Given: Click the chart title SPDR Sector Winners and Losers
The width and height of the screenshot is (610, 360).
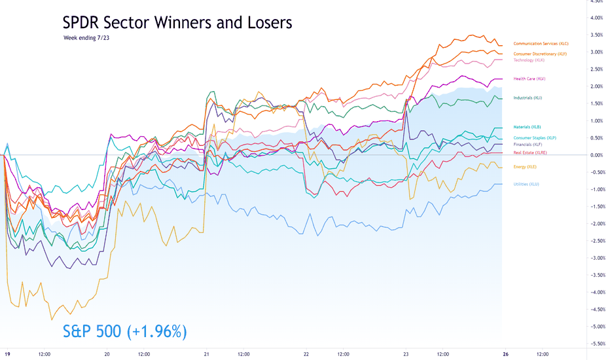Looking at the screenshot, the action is coord(177,22).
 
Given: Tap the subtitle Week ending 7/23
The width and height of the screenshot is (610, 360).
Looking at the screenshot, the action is coord(86,38).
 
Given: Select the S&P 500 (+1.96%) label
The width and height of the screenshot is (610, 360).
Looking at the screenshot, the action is coord(125,331).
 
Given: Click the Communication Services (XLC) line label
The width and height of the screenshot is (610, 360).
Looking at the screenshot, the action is coord(541,44).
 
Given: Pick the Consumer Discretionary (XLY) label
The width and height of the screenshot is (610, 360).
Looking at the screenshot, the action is coord(540,54).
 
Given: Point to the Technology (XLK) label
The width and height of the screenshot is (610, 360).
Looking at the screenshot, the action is coord(529,60).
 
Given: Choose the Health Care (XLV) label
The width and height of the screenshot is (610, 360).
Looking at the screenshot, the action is coord(529,79).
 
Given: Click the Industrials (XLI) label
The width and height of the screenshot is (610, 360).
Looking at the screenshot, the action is coord(528,98).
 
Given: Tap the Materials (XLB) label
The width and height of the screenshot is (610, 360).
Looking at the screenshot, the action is coord(527,127).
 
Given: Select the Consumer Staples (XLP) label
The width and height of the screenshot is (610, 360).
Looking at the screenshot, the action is coord(535,137).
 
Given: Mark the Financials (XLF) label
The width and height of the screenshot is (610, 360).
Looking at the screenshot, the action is coord(528,145).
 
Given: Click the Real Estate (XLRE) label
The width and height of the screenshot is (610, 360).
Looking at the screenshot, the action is coord(530,153).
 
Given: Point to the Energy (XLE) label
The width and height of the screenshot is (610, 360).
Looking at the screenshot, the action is coord(525,166).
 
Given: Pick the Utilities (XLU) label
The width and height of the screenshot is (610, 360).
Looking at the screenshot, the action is coord(526,184).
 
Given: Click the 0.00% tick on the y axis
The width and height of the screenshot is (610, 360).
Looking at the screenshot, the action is coord(596,155).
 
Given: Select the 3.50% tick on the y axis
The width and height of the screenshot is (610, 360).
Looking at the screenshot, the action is coord(596,35).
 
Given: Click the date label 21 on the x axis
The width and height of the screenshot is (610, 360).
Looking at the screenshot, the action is coord(207,354).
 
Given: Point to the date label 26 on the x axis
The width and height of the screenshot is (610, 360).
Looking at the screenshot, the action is coord(505,354).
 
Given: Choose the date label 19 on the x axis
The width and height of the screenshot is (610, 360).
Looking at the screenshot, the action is coord(7,354).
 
